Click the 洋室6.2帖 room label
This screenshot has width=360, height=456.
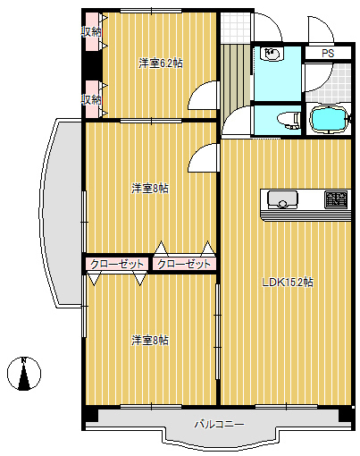(x=161, y=63)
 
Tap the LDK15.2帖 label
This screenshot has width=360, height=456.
(x=287, y=283)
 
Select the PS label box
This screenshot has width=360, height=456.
(x=328, y=54)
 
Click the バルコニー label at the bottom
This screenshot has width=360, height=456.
(x=219, y=424)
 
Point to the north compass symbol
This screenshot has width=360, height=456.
(x=25, y=375)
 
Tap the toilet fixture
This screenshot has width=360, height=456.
(x=286, y=119)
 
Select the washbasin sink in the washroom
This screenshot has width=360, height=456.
(x=270, y=55)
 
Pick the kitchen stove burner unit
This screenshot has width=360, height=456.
(x=336, y=198)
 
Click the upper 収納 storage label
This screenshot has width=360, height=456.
(x=91, y=32)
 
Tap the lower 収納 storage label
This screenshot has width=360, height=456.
(x=91, y=99)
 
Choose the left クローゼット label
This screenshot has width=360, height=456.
(x=118, y=264)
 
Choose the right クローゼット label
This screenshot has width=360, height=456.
(x=184, y=264)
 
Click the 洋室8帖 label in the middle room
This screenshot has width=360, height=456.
(x=150, y=189)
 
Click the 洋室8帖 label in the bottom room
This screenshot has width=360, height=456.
(x=150, y=341)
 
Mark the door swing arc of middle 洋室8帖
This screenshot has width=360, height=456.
(x=203, y=158)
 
